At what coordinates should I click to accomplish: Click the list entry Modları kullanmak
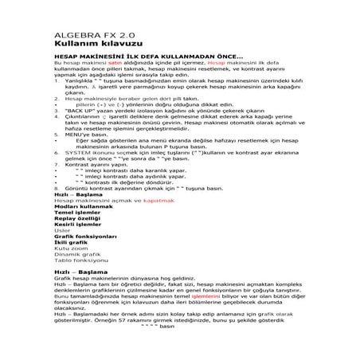(85, 209)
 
